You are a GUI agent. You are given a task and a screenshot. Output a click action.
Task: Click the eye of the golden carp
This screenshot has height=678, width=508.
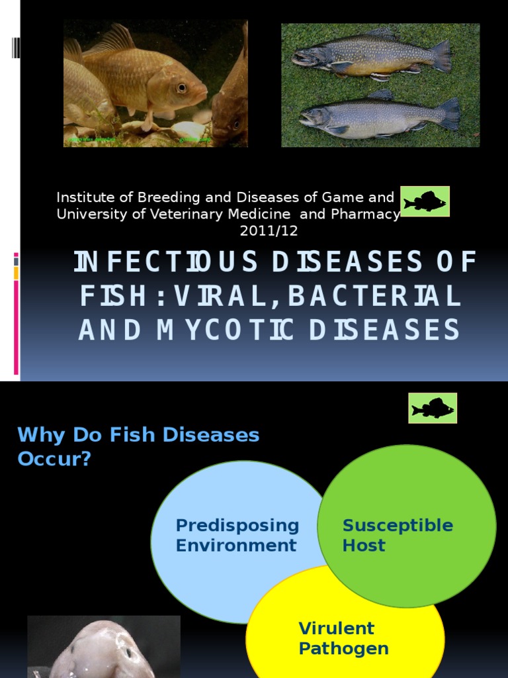click(x=181, y=87)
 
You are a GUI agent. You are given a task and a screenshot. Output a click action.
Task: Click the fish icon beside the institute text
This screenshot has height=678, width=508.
click(x=425, y=201)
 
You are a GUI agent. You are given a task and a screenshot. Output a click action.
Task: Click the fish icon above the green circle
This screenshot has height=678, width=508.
click(x=433, y=408)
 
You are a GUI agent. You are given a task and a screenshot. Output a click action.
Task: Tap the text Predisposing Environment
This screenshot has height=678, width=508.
click(x=237, y=535)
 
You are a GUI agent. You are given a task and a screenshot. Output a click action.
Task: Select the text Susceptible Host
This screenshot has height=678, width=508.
click(x=398, y=535)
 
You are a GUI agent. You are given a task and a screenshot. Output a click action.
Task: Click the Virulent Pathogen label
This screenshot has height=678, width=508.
click(x=343, y=638)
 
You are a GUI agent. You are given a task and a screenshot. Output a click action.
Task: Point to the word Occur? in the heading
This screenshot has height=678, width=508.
click(x=54, y=459)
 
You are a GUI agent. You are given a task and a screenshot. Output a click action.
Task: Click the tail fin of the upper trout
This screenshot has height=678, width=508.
click(x=443, y=56)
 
